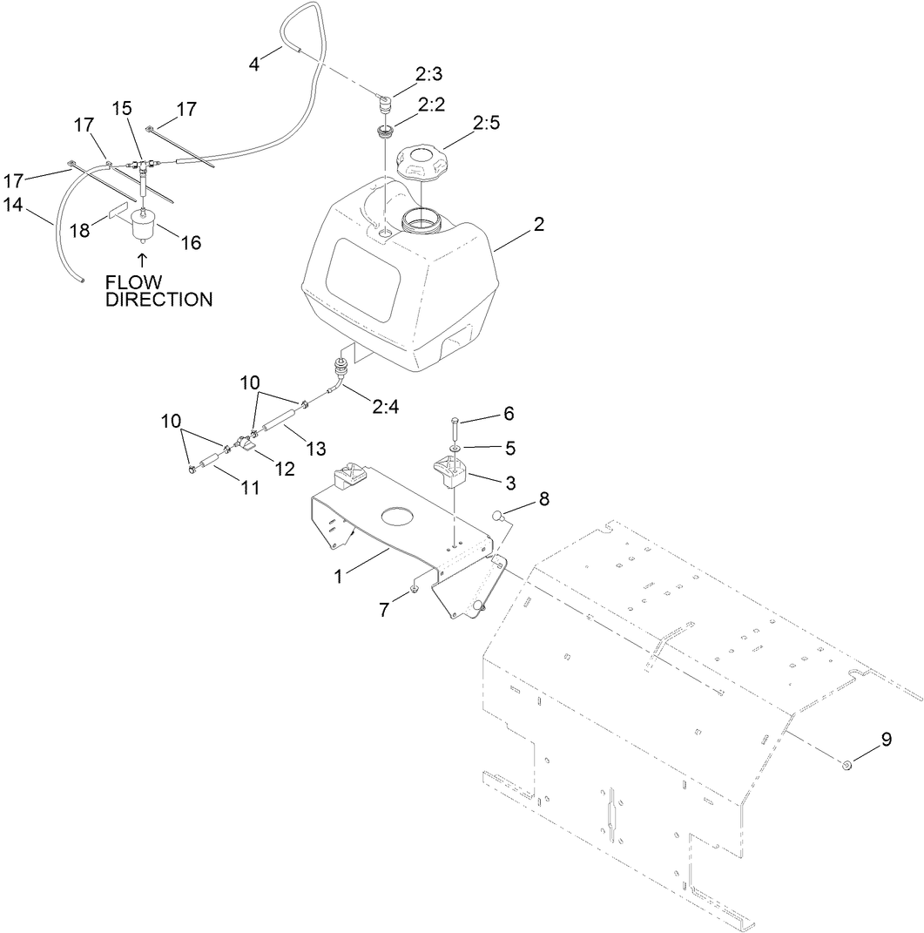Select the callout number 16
click(x=190, y=243)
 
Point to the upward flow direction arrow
click(x=143, y=259)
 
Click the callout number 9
click(x=886, y=740)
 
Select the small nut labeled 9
click(x=846, y=765)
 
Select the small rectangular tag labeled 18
click(x=119, y=212)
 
